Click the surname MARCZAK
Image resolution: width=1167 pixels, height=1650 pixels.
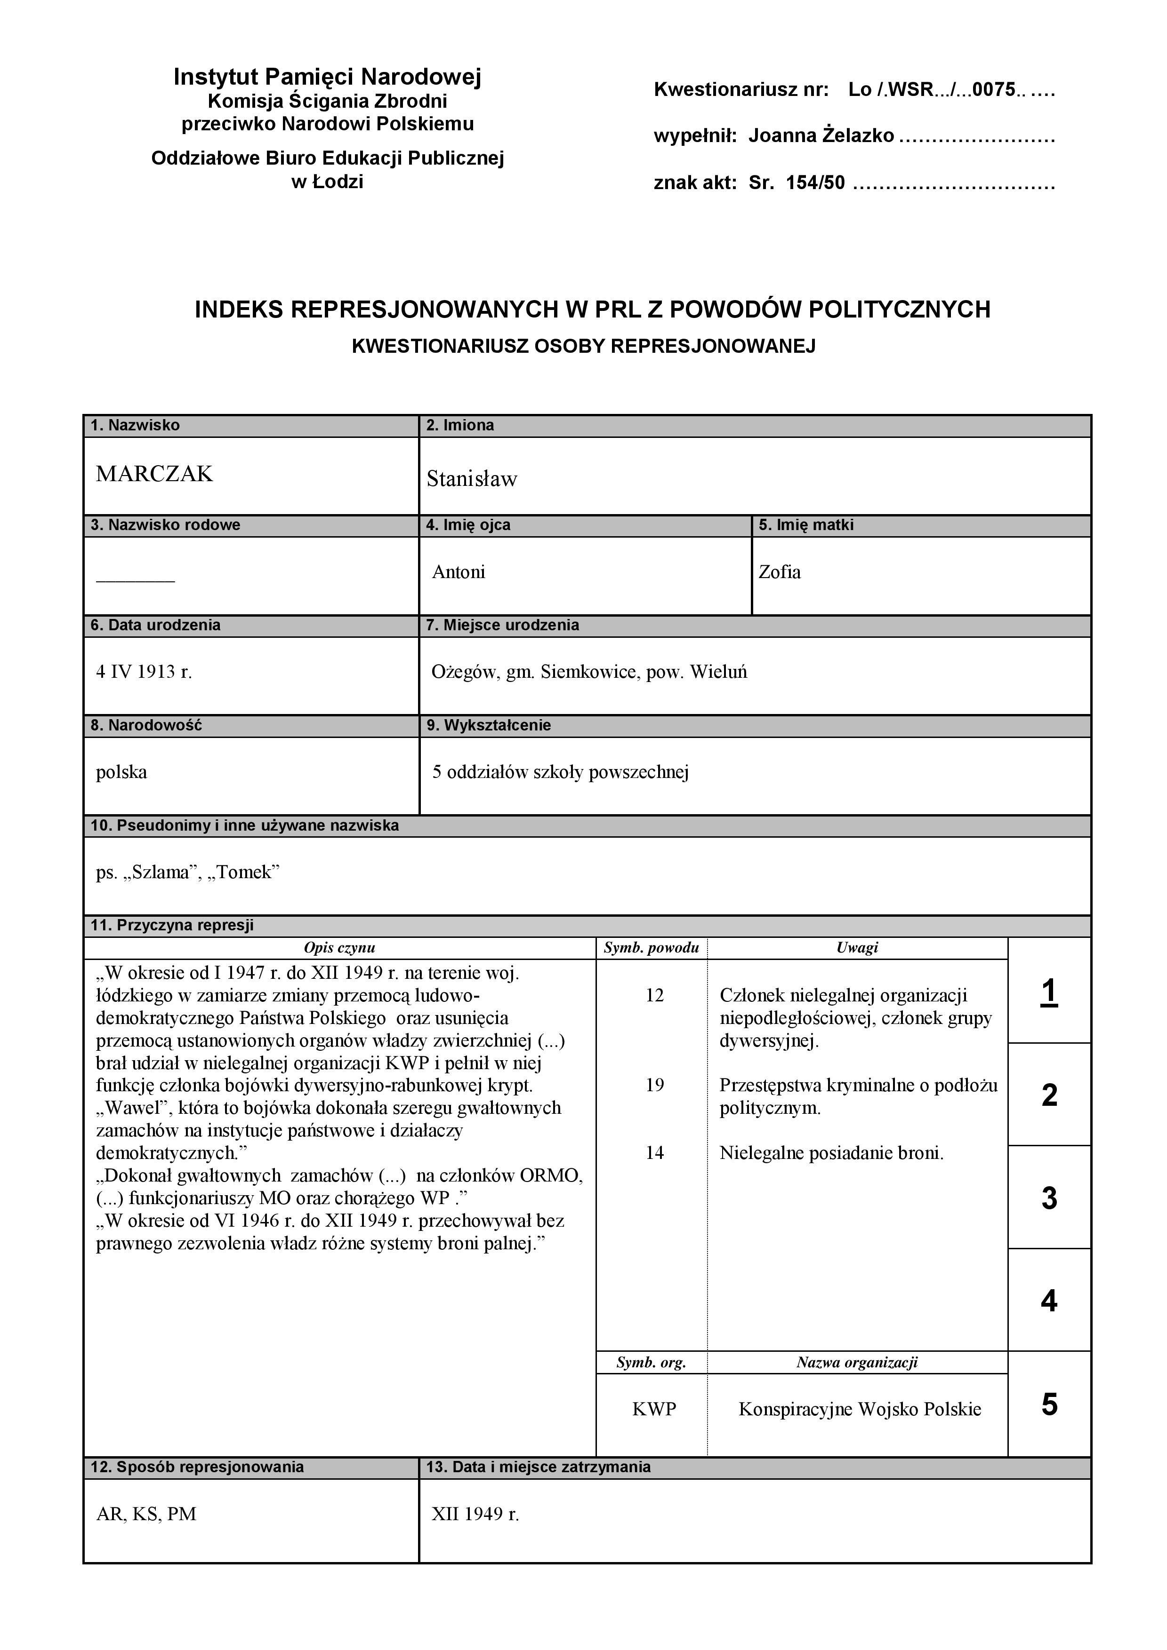(154, 474)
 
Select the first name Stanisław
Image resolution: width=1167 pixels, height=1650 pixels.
(472, 479)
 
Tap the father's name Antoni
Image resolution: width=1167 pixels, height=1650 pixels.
(459, 572)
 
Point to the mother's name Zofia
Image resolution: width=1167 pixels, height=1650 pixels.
(780, 572)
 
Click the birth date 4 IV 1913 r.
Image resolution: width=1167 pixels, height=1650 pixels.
(144, 672)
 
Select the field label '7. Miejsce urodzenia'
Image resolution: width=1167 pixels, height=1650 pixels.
(502, 625)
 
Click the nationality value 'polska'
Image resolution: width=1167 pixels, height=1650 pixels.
(121, 772)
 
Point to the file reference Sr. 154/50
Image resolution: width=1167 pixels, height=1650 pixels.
(797, 182)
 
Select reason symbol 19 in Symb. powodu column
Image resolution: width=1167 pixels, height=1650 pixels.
(654, 1085)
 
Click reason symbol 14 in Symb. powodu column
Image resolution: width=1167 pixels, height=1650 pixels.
(654, 1153)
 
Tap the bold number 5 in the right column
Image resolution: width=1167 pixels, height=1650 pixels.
(1049, 1404)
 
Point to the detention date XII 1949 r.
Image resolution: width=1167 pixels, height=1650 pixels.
(475, 1514)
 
